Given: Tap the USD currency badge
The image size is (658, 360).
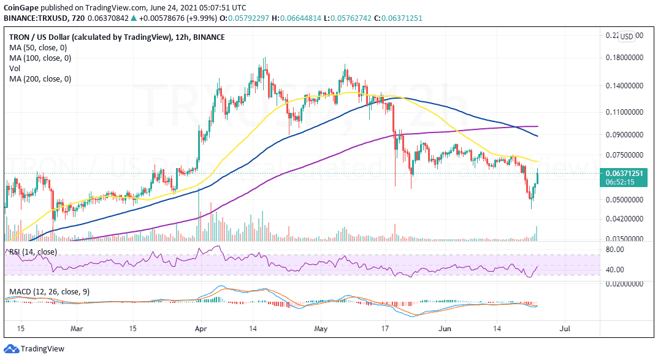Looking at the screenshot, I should coord(627,37).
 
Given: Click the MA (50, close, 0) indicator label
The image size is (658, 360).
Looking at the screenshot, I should coord(40,48).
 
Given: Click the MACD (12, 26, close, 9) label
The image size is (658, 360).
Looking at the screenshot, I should coord(47,292).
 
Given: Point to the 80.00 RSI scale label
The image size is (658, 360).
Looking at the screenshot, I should coord(615,250).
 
